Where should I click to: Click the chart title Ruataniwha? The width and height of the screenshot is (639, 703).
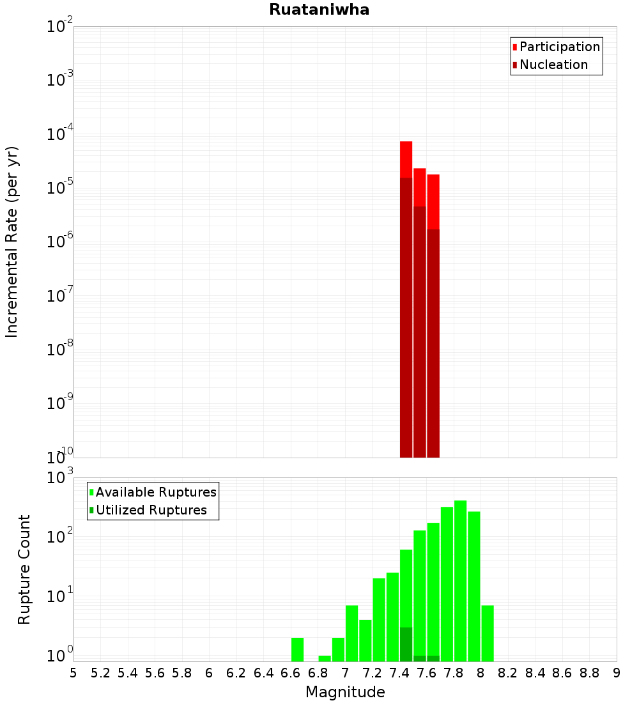(319, 10)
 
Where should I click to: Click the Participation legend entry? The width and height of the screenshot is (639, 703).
(560, 47)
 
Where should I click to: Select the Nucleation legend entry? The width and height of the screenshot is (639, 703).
(553, 65)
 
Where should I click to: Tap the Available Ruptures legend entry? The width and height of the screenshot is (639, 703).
(156, 492)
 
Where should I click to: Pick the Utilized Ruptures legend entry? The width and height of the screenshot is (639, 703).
(151, 510)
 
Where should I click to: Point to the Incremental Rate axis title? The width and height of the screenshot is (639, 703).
(12, 242)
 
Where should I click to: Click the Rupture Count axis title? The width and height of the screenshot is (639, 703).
(24, 569)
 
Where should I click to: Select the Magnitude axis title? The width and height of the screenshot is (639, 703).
(345, 691)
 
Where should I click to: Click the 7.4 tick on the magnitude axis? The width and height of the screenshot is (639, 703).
(399, 673)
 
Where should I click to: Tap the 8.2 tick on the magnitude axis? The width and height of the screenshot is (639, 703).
(508, 673)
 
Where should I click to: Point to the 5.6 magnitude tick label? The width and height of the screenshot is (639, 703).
(155, 673)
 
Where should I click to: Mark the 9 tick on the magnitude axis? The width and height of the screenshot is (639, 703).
(617, 673)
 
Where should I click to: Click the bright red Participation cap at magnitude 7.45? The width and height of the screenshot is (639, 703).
(406, 158)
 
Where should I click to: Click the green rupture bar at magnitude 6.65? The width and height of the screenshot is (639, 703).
(297, 649)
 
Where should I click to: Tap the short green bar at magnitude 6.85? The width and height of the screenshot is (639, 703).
(325, 658)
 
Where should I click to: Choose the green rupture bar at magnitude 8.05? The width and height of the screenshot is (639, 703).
(488, 633)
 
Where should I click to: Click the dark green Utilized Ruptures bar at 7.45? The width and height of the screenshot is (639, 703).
(406, 644)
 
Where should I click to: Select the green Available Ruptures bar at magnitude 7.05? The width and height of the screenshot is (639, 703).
(351, 633)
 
